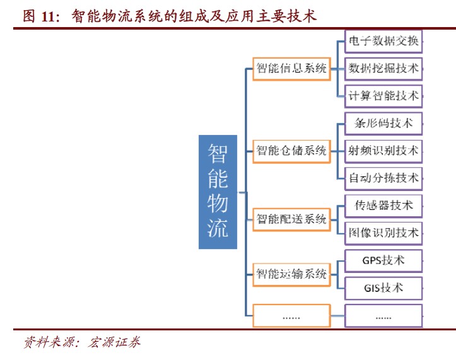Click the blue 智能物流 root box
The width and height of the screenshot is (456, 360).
point(218,192)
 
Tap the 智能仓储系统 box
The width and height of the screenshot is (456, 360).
point(291,150)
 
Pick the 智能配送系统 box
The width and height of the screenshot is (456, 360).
point(291,219)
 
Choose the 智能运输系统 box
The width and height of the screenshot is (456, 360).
point(291,274)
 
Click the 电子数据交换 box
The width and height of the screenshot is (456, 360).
point(383,41)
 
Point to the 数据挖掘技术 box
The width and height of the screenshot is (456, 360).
point(383,68)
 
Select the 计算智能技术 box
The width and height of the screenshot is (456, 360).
point(383,96)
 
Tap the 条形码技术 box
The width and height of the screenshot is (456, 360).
point(383,123)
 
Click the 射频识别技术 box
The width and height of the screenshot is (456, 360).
point(383,150)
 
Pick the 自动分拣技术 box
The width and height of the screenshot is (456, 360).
point(383,178)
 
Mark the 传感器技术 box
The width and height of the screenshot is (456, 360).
point(383,205)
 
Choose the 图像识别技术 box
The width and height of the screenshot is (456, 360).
point(383,233)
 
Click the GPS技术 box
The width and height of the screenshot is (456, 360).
point(383,260)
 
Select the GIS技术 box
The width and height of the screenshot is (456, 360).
point(383,287)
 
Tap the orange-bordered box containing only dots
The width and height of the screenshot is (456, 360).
point(291,315)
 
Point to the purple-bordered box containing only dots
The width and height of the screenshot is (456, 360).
point(383,315)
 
